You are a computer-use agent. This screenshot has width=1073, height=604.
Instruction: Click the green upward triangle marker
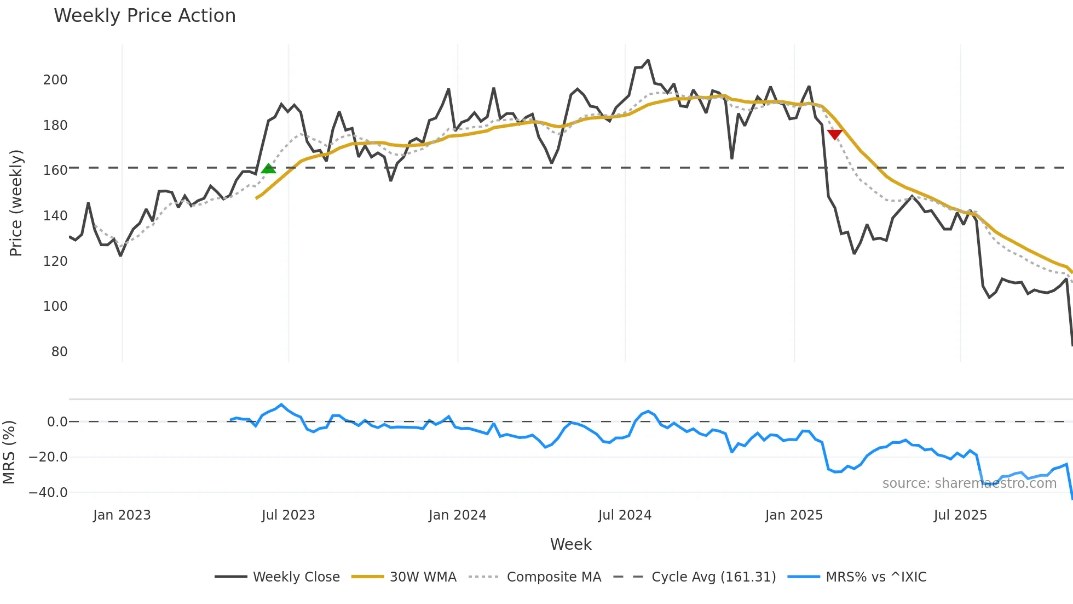click(268, 169)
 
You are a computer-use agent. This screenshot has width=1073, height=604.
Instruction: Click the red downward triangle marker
click(834, 134)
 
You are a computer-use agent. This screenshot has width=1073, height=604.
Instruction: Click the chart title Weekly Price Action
click(145, 16)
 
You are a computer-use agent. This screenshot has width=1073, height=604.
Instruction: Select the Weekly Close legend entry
click(277, 577)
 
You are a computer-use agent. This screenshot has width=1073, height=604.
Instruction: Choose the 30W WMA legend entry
click(404, 577)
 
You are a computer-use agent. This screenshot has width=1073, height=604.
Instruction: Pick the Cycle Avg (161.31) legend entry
click(695, 577)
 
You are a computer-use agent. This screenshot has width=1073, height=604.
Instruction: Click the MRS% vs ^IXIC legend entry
click(857, 577)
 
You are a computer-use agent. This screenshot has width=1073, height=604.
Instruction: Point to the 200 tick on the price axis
click(55, 80)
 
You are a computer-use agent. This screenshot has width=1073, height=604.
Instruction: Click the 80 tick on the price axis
click(59, 352)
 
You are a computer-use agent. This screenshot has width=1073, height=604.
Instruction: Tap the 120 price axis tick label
click(55, 261)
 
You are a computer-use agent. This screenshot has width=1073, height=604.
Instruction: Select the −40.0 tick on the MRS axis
click(48, 493)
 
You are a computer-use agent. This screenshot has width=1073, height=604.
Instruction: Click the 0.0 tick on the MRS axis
click(57, 422)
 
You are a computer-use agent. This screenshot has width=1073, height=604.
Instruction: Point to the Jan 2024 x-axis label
click(457, 515)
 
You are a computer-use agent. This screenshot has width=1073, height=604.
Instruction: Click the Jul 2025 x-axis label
click(960, 515)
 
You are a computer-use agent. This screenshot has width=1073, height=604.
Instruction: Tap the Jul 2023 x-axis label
click(288, 515)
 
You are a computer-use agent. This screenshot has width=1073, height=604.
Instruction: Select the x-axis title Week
click(570, 544)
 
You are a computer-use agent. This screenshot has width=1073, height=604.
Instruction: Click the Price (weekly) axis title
click(16, 203)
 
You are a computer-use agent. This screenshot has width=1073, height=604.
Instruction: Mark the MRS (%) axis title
click(9, 452)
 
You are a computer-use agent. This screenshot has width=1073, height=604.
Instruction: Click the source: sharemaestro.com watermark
click(969, 483)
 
